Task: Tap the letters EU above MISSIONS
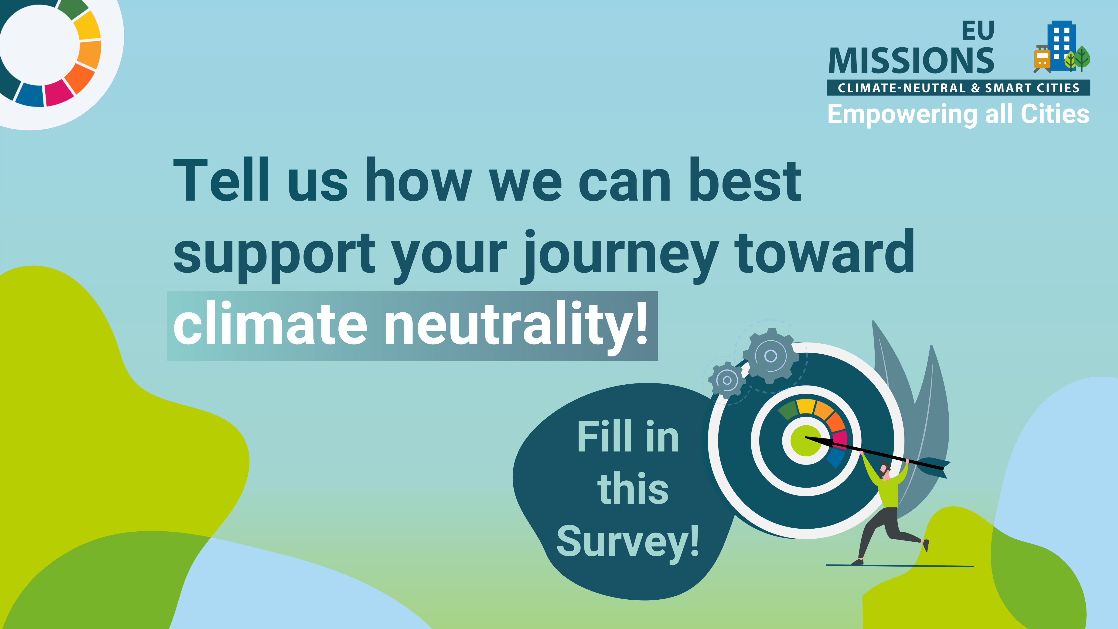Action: [978, 30]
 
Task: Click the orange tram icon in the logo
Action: [1042, 59]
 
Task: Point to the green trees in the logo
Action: [1078, 59]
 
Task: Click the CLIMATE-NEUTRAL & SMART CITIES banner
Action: [958, 88]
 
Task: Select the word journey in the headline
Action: [621, 256]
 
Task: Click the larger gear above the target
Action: [770, 356]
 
